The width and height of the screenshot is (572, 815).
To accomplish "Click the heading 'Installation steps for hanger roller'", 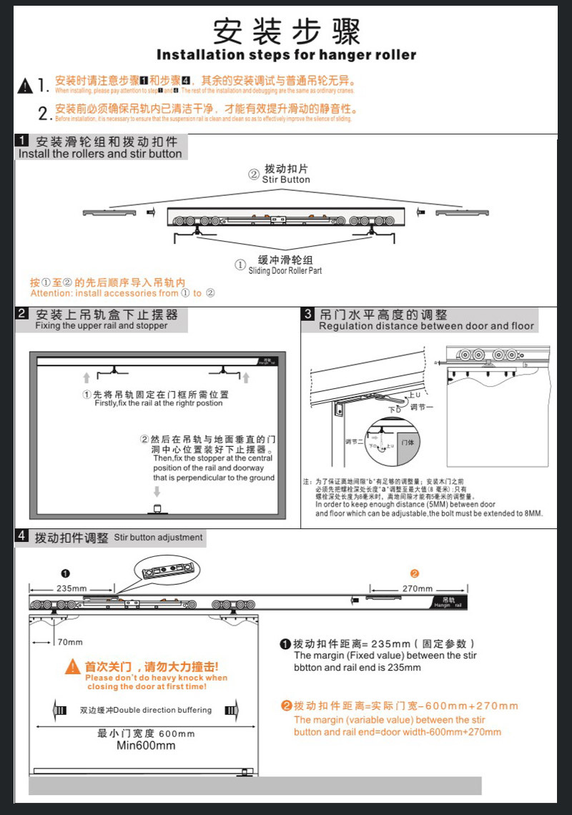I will point(286,55).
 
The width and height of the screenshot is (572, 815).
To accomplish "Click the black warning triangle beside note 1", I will point(26,86).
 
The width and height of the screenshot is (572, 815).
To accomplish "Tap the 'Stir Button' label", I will point(286,180).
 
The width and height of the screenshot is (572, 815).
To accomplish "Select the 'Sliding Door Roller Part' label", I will point(285,271).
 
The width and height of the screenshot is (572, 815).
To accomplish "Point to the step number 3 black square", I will point(308,314).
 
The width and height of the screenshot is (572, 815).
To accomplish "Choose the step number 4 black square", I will point(22,536).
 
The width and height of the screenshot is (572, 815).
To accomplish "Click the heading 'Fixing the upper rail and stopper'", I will point(102,326).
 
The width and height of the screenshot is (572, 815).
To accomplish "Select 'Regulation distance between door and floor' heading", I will point(426,326).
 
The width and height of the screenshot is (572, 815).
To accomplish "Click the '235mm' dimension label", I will point(71,588).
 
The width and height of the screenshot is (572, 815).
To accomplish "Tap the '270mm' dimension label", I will point(418,588).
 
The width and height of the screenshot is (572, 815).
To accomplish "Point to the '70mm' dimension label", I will point(70,642).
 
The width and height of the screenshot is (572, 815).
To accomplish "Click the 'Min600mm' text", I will point(146,746).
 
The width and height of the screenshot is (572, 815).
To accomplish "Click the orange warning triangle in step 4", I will point(73,667).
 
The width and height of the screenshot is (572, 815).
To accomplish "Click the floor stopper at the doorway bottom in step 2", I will point(157,509).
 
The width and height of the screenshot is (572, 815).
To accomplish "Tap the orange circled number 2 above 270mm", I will point(415,573).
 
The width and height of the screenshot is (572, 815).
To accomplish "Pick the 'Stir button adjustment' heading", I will point(159,537).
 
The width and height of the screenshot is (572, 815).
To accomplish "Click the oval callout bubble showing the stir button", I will point(167,571).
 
